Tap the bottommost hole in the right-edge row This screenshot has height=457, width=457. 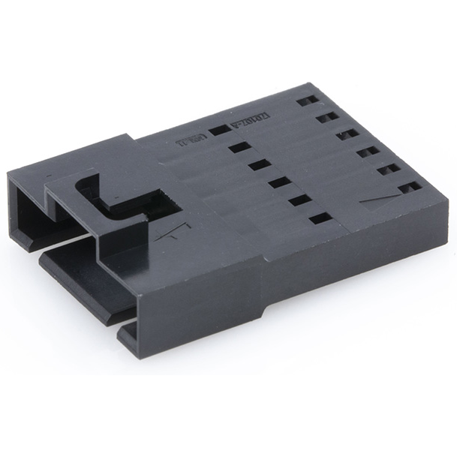tap(410, 188)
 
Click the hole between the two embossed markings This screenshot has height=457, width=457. tap(219, 130)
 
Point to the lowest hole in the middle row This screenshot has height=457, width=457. tap(320, 218)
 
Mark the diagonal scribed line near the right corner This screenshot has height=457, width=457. tap(379, 197)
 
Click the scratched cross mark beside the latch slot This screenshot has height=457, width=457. tap(176, 229)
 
